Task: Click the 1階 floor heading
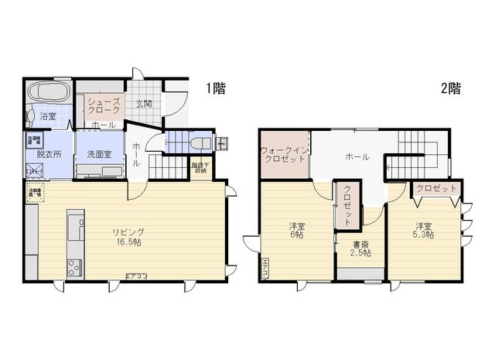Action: pyautogui.click(x=216, y=88)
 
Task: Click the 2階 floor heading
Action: pyautogui.click(x=451, y=88)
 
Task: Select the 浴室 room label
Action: pyautogui.click(x=48, y=116)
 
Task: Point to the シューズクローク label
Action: pyautogui.click(x=103, y=106)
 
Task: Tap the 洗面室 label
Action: pyautogui.click(x=100, y=153)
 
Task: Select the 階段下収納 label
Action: pyautogui.click(x=200, y=167)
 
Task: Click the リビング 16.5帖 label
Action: pyautogui.click(x=127, y=236)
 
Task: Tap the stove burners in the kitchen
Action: pyautogui.click(x=73, y=268)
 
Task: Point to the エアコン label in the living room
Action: pyautogui.click(x=137, y=276)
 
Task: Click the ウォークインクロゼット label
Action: pyautogui.click(x=285, y=153)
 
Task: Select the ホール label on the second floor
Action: pyautogui.click(x=357, y=156)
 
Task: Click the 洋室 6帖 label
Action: pyautogui.click(x=298, y=230)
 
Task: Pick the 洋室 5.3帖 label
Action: pyautogui.click(x=422, y=230)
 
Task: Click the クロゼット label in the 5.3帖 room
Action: pyautogui.click(x=435, y=188)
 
